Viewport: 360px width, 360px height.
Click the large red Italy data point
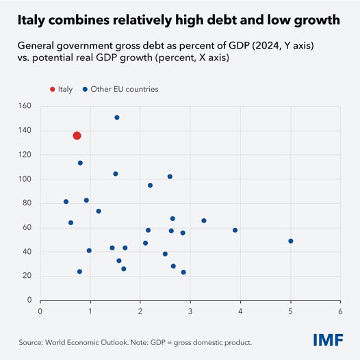point(77,136)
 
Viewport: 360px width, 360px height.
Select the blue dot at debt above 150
point(117,118)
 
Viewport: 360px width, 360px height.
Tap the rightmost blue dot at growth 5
point(291,241)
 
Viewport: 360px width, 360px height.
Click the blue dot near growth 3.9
point(235,230)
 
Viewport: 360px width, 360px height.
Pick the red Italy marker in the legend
point(52,89)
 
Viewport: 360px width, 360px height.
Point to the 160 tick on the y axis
point(26,106)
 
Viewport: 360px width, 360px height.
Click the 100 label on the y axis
point(26,179)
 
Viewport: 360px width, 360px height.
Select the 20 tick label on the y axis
point(28,276)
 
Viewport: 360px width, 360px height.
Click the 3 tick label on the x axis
point(190,311)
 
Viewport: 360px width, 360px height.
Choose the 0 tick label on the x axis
point(40,311)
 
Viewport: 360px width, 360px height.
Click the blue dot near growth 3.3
point(204,220)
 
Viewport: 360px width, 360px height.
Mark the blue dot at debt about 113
point(80,163)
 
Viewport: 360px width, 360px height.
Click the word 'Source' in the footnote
point(31,342)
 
